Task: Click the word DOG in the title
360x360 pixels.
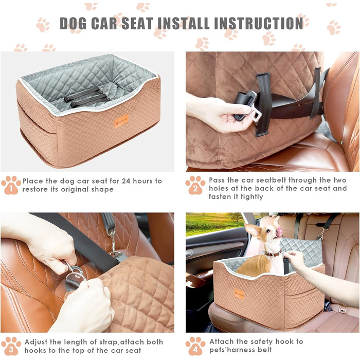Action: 73,23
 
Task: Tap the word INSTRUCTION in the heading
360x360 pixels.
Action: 259,23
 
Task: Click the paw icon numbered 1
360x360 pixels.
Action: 11,185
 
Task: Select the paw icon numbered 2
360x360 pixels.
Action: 195,185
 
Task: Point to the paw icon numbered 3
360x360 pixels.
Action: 11,346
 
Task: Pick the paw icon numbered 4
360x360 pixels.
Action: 195,346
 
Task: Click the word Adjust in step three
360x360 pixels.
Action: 36,343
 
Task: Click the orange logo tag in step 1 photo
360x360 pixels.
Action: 121,121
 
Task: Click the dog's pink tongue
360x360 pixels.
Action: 279,232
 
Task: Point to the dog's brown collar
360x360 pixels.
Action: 273,254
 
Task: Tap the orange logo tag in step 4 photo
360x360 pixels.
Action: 239,294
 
